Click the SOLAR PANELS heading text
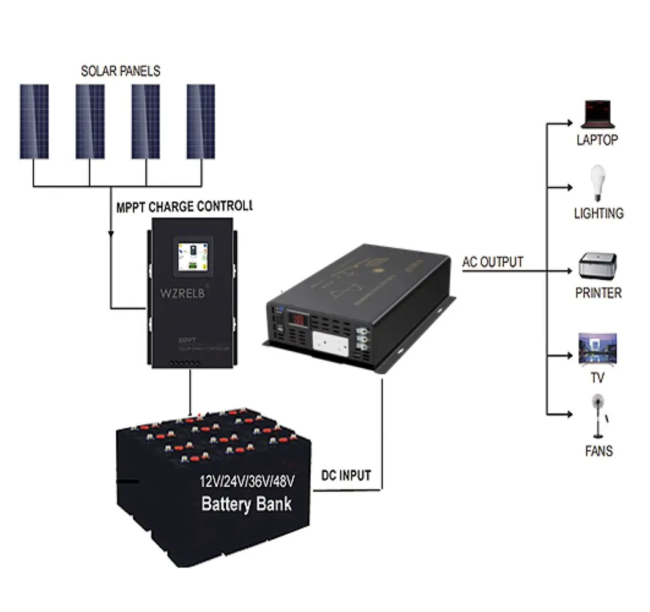tap(121, 71)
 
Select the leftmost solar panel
tap(34, 121)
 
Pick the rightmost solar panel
tap(201, 121)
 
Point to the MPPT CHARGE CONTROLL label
tap(184, 206)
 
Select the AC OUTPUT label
tap(493, 262)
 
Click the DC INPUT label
tap(346, 476)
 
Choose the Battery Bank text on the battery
tap(247, 504)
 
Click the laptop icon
tap(597, 114)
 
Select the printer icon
tap(598, 267)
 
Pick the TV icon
tap(597, 349)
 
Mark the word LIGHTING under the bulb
tap(599, 214)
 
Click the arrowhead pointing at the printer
tap(570, 271)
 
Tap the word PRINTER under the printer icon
tap(598, 293)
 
